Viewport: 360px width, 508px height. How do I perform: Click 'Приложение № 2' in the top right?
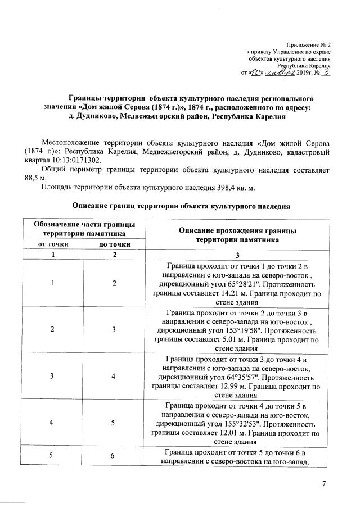[309, 44]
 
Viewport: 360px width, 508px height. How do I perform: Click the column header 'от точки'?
[53, 244]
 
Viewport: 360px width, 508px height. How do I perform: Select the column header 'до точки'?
[115, 244]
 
